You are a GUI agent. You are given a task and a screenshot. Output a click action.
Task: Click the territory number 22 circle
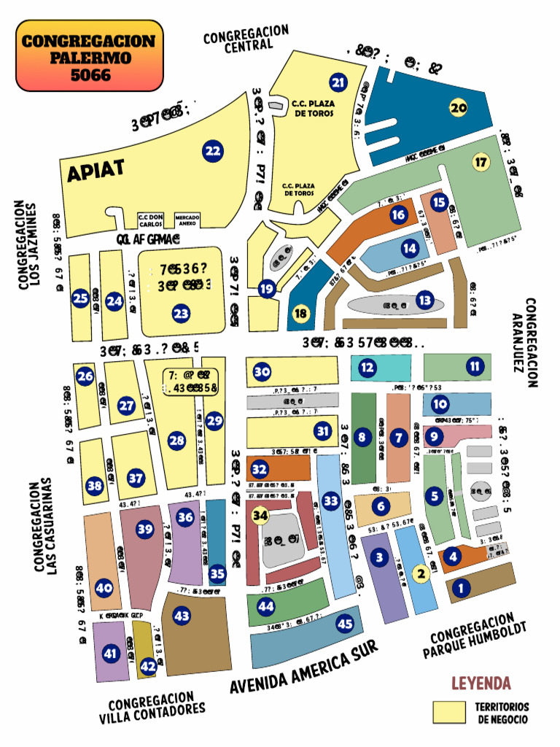click(213, 152)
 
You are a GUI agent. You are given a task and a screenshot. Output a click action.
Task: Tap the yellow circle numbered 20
click(458, 108)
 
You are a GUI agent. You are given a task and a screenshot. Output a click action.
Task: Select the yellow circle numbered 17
click(481, 162)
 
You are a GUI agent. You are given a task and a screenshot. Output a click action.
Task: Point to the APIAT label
click(96, 170)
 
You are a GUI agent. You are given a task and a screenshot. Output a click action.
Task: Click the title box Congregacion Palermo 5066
click(89, 55)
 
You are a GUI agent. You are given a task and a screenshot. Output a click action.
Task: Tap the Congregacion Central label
click(246, 38)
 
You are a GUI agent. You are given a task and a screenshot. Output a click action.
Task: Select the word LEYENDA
click(481, 684)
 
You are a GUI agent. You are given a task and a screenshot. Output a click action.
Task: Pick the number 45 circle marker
click(345, 624)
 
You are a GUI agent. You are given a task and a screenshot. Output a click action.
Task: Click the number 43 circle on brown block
click(182, 616)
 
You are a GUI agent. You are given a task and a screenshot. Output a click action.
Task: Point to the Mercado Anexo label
click(187, 219)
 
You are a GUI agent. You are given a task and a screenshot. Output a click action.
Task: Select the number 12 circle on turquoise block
click(367, 368)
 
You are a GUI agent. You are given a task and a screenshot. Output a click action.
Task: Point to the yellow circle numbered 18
click(300, 314)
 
